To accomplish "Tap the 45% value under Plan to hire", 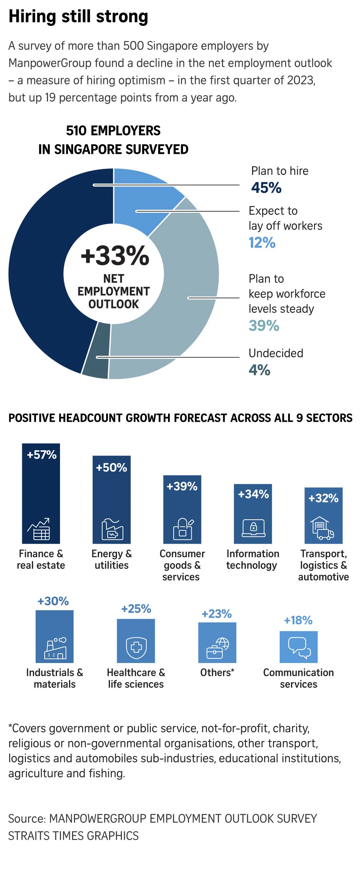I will coord(266,188).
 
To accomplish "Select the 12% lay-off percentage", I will coord(262,243).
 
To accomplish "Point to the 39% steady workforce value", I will coord(264,326).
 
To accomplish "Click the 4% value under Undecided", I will coord(259,370).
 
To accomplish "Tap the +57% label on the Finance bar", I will coord(42,455).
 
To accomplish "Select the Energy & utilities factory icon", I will coord(112,529).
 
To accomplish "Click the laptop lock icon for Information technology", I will coord(253,528).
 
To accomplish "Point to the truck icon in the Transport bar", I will coord(322,528).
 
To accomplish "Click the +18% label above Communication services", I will coord(298,620).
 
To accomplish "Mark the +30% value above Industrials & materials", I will coord(53,601).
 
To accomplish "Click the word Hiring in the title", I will coord(32,17).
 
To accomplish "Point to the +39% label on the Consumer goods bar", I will coord(182,486).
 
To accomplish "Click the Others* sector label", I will coord(217,672).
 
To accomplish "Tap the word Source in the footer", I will coord(27,818).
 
